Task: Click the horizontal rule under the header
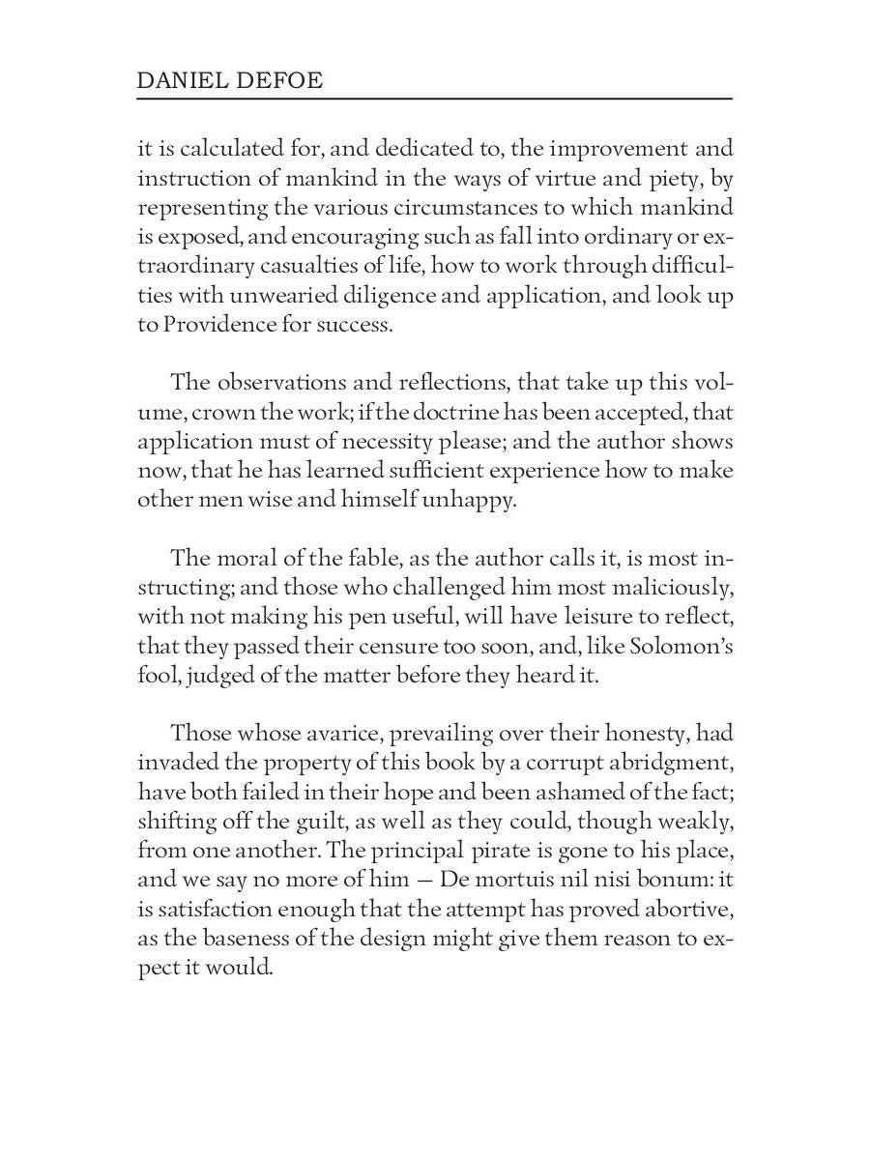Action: [x=434, y=99]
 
